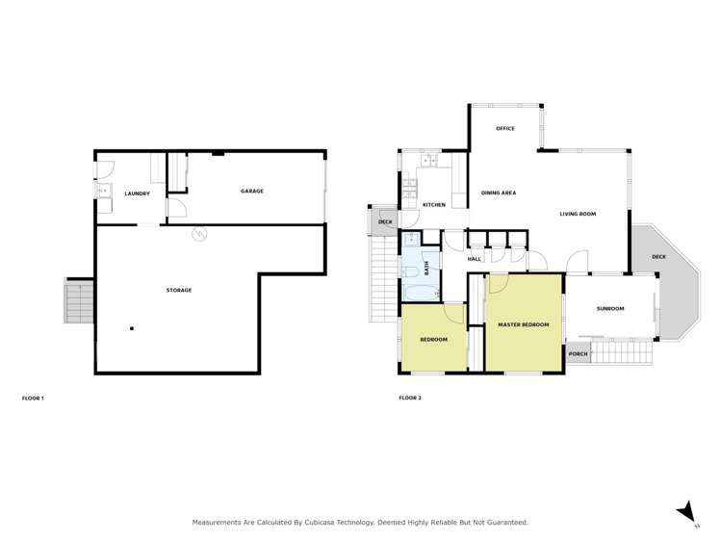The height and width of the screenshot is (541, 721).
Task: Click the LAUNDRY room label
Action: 137,194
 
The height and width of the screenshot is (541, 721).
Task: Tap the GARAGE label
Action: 251,191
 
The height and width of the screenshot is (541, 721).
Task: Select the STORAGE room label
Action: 178,290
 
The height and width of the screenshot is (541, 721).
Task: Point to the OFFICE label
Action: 505,128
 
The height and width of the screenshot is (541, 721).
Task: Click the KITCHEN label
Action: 434,205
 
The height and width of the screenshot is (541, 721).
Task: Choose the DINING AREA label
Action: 499,193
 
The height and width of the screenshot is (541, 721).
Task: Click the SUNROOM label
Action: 610,309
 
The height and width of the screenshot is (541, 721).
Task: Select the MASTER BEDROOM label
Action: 523,324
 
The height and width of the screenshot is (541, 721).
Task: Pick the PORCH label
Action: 579,354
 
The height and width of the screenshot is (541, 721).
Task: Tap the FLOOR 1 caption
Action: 33,398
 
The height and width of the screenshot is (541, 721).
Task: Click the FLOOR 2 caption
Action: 410,398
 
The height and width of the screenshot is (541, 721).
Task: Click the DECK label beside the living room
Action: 658,257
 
